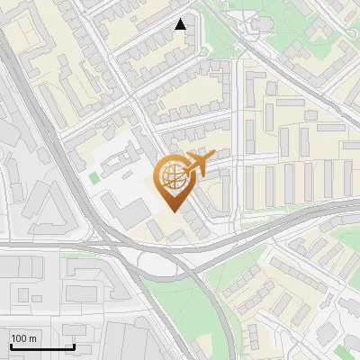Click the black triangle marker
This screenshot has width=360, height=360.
(x=181, y=24)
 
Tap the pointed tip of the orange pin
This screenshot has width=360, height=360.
(x=172, y=211)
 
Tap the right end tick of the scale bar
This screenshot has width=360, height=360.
(x=74, y=346)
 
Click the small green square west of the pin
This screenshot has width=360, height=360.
(x=94, y=177)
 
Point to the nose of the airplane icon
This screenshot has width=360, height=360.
(x=212, y=158)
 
